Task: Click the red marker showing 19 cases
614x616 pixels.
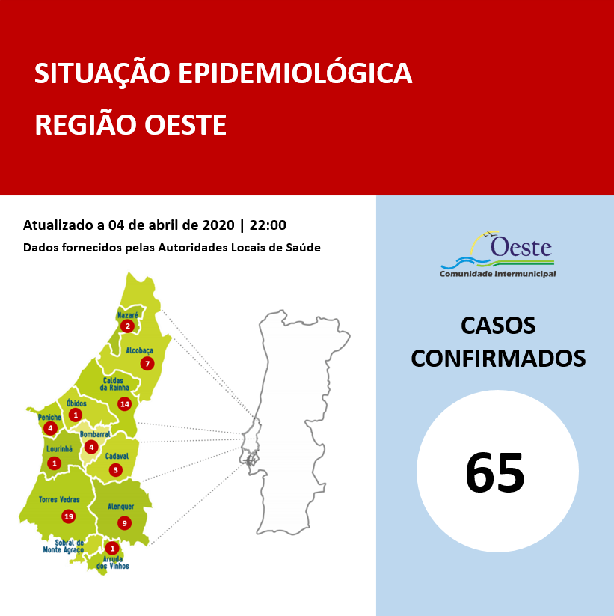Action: [x=69, y=516]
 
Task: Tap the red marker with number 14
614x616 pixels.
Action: [x=124, y=404]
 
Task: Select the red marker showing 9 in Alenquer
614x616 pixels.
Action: [x=124, y=523]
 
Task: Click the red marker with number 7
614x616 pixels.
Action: [x=147, y=364]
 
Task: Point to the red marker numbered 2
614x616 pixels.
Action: [x=128, y=326]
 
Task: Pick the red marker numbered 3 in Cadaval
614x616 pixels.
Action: [x=115, y=470]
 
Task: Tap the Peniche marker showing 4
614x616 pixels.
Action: [x=50, y=428]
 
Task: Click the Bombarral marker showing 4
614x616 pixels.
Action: [x=91, y=448]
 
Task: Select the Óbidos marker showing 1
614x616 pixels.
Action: [x=75, y=415]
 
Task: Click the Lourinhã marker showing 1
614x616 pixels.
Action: [x=54, y=463]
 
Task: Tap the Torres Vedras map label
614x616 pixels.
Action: [x=60, y=500]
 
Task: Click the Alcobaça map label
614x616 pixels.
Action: [x=139, y=350]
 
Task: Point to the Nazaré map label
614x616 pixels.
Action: [x=127, y=315]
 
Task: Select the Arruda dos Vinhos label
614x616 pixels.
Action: [x=113, y=562]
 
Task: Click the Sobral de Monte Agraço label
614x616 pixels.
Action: [x=63, y=546]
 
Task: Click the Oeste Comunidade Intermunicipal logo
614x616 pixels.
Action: [x=497, y=254]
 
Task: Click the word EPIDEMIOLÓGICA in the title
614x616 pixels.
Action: [x=293, y=73]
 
